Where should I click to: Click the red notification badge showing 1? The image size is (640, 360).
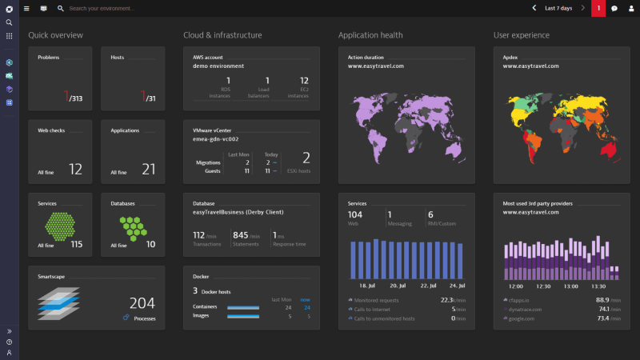click(598, 8)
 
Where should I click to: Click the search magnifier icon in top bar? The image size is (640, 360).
click(60, 8)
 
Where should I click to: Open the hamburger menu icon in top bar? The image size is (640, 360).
click(26, 8)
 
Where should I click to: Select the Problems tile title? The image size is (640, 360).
click(48, 58)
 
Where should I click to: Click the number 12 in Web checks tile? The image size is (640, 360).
click(75, 169)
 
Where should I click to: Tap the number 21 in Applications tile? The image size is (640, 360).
click(148, 169)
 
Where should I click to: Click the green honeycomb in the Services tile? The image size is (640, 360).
click(61, 226)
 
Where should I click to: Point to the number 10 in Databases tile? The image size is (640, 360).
click(150, 244)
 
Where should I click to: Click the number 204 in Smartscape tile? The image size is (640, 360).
click(142, 303)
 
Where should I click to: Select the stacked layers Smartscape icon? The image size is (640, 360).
click(58, 304)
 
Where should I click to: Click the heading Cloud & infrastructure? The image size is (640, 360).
click(222, 35)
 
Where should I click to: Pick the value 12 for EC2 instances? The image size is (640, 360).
click(304, 80)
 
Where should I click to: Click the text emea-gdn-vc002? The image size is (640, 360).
click(217, 138)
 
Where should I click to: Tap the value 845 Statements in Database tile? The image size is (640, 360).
click(240, 235)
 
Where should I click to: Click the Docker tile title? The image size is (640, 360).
click(202, 277)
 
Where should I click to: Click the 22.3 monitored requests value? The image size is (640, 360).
click(447, 300)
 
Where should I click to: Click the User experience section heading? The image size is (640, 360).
click(521, 35)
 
